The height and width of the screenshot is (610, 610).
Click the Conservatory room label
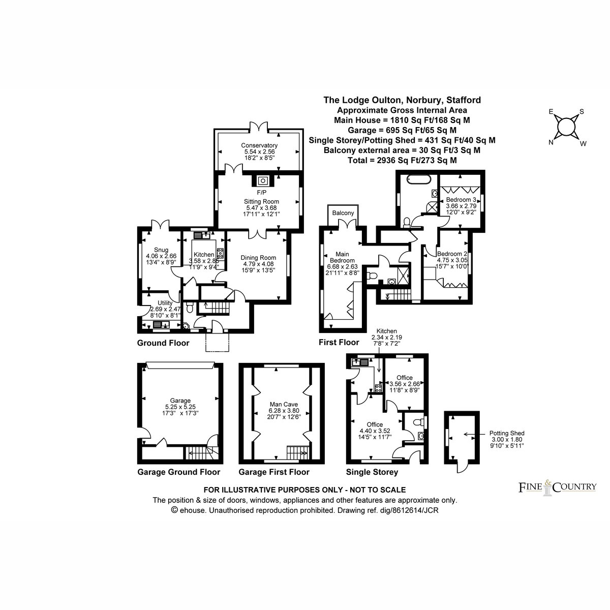click(259, 145)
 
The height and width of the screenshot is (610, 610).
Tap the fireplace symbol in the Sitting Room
click(262, 181)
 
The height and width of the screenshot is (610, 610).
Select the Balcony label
click(343, 213)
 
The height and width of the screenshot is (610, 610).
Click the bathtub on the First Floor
click(419, 179)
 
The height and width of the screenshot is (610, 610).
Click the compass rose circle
click(566, 127)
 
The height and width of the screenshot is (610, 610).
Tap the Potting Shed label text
click(507, 433)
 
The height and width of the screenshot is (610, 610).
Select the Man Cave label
click(284, 404)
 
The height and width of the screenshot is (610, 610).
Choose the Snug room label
click(161, 250)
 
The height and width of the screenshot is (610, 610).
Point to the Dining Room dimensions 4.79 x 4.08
click(258, 264)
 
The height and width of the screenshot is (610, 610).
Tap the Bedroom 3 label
click(461, 200)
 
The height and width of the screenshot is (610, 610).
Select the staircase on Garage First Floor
click(297, 452)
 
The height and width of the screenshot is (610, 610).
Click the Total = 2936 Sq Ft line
click(402, 160)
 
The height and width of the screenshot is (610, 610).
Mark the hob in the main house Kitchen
click(220, 253)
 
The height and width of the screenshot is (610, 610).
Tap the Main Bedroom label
click(342, 257)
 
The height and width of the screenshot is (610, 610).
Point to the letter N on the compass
click(551, 142)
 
